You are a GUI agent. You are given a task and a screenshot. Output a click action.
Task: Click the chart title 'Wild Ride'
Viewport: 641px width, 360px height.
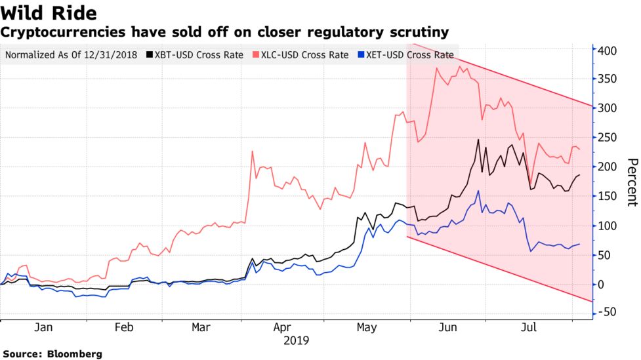pos(49,13)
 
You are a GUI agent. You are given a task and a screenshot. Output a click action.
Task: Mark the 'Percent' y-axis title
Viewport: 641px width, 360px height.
pos(632,182)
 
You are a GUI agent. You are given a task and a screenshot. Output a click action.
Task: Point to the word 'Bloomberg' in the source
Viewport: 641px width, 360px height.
pos(75,354)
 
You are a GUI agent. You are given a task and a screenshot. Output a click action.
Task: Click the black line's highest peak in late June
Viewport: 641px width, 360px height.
pos(478,140)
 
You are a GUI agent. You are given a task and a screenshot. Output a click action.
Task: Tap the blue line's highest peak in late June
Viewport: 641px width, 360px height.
pos(478,191)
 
